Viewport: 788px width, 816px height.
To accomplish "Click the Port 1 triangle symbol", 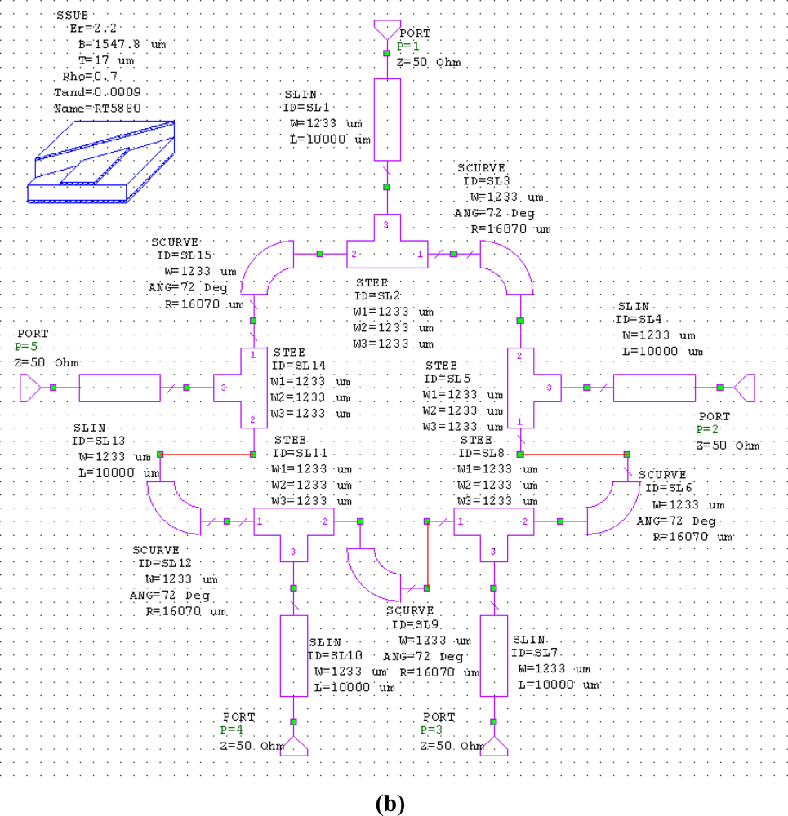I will [x=386, y=29].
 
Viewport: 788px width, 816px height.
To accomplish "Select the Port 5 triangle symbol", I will [x=29, y=387].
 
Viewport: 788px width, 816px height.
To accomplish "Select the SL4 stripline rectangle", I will [x=653, y=388].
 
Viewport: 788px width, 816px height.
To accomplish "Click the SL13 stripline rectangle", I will [x=119, y=388].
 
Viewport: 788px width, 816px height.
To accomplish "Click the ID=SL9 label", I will [x=419, y=624].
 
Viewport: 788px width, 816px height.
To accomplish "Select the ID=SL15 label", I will [x=183, y=255].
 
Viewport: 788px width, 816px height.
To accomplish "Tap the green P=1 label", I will [x=407, y=47].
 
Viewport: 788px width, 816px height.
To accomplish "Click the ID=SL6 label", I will [x=668, y=489].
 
